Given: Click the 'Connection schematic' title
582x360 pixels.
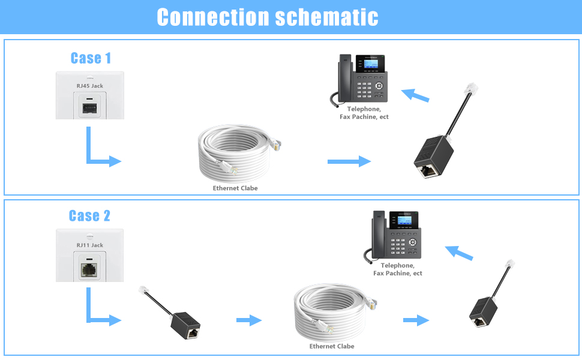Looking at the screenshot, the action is (267, 17).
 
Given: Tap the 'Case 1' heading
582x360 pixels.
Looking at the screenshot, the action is (91, 58).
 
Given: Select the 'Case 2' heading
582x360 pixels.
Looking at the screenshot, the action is (89, 215).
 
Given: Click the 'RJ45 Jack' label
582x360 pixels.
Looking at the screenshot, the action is (90, 86).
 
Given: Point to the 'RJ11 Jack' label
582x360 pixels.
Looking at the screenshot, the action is (90, 245).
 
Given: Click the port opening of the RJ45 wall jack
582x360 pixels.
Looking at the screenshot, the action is (89, 109).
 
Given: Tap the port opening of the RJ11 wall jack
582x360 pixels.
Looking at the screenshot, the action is (89, 270).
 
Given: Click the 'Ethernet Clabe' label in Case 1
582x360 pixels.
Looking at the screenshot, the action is (235, 188).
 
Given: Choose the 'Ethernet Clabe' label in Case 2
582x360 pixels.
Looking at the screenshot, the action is (332, 346).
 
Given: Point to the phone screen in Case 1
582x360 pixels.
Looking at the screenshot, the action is (370, 64).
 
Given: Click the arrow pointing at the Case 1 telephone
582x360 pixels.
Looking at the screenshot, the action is (415, 95).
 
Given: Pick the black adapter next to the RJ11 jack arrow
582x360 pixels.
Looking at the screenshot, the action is (185, 325).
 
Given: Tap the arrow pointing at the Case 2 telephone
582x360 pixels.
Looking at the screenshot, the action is (459, 253).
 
